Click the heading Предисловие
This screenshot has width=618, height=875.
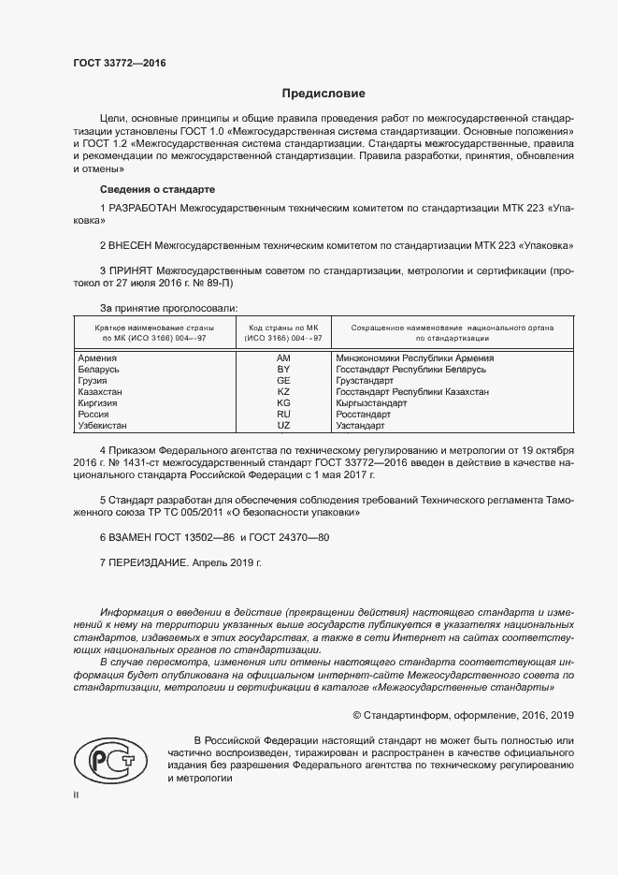[324, 94]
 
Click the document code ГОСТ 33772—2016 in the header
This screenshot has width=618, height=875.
[119, 64]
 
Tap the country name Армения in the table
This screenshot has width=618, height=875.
[98, 358]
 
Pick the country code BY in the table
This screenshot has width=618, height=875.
[284, 370]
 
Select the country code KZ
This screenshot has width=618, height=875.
[284, 392]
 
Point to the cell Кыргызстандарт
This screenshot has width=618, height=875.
[371, 403]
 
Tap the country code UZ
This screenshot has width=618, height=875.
[284, 426]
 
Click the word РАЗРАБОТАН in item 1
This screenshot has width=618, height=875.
[142, 207]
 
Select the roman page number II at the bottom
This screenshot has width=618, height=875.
[77, 795]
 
